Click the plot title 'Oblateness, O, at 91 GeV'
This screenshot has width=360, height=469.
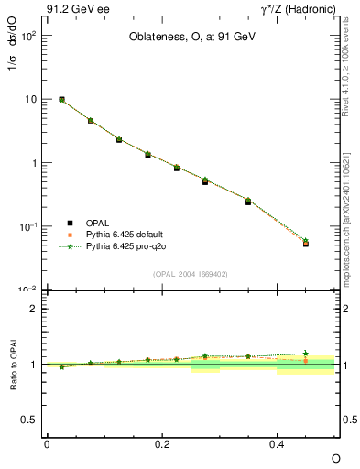(x=191, y=38)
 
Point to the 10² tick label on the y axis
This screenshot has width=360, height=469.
(x=27, y=36)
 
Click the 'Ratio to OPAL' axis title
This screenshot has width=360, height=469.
(x=14, y=365)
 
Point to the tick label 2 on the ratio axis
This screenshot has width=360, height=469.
(x=34, y=309)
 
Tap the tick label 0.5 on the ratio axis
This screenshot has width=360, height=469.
(x=29, y=420)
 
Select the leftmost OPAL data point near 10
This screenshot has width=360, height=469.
(x=61, y=99)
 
